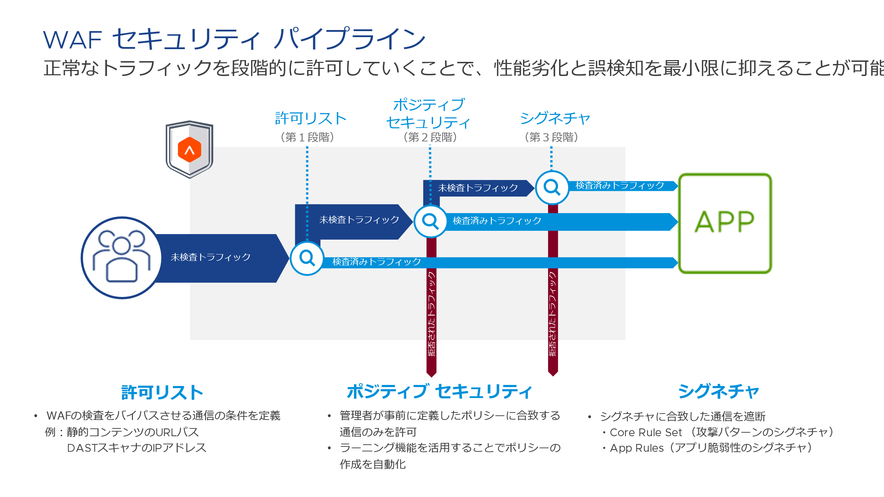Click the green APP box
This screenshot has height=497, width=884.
pos(725,223)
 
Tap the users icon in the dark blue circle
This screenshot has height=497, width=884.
pos(122,257)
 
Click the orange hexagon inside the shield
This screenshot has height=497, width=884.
pos(190,150)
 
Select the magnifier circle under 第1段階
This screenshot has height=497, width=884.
pos(307,258)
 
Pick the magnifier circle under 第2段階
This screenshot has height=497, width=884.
pos(430,221)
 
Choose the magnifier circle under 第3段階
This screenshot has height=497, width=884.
pos(552,187)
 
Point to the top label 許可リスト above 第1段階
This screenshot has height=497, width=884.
pos(310,118)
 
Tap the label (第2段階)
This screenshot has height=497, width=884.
pos(430,137)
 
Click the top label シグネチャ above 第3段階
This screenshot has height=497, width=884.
pos(555,118)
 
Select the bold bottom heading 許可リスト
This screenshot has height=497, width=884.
pos(162,393)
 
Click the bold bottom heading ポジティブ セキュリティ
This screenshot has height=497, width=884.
pos(439,392)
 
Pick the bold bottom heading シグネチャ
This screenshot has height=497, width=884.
pos(719,392)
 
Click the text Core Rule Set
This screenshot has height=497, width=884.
pos(646,432)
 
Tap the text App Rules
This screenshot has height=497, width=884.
pos(636,448)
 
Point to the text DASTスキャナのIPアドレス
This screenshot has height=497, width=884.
pos(136,448)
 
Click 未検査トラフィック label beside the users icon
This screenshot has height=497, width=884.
pos(211,257)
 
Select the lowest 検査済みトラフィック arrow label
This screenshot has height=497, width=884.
pos(377,262)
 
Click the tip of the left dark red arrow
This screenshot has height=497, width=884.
pos(431,375)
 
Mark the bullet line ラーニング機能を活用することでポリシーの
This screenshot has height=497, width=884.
pos(450,448)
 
